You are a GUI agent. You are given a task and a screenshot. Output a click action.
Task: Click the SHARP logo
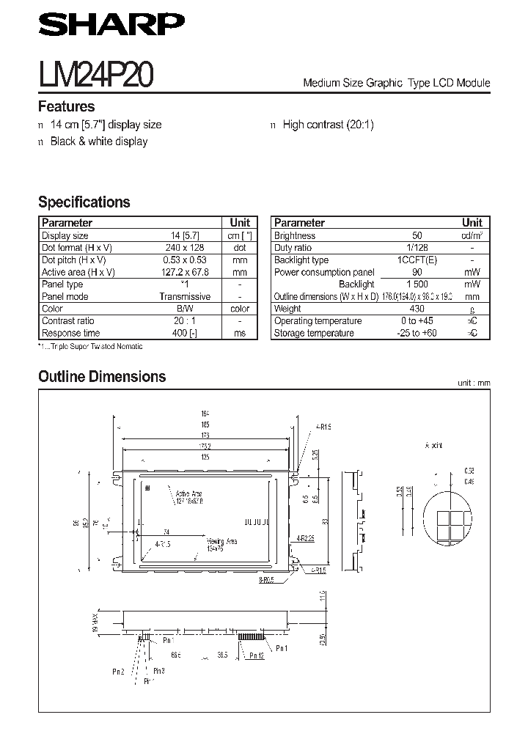point(107,26)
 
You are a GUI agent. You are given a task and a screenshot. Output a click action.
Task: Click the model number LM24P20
point(95,75)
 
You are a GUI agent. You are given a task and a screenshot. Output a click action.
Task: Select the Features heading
point(66,107)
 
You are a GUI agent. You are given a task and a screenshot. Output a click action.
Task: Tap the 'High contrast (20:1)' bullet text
point(328,125)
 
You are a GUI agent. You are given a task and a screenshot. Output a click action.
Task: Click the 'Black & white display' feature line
point(98,142)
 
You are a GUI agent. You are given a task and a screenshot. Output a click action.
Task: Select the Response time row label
point(71,333)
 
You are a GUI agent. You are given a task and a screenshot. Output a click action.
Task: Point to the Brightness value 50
point(417,236)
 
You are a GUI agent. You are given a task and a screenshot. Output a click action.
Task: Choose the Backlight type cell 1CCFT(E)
point(417,260)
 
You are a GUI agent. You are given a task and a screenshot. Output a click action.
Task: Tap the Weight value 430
point(417,309)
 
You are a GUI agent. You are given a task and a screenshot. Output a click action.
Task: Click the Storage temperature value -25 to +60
point(417,333)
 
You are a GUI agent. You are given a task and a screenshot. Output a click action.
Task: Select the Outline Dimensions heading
point(102,377)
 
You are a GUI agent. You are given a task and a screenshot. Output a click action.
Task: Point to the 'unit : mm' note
point(473,383)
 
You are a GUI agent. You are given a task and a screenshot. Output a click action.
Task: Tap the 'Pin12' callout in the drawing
point(256,655)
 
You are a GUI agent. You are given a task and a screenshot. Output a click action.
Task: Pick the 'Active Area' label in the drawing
point(188,496)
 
